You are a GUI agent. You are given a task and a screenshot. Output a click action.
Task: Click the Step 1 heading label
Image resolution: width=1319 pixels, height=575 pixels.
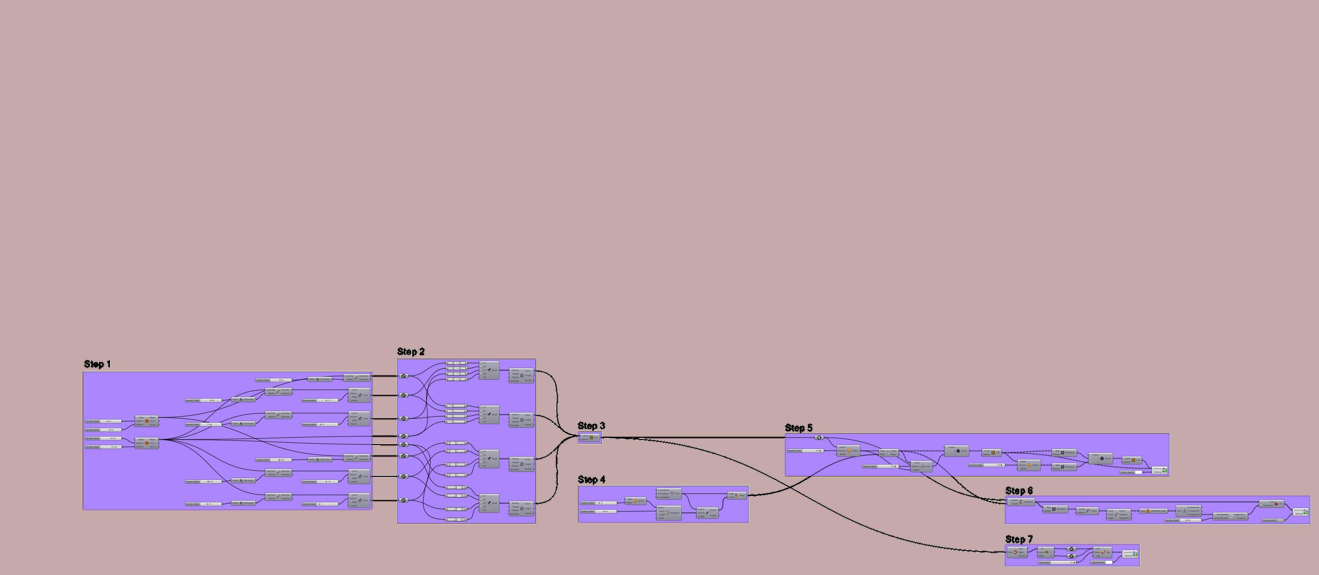[97, 364]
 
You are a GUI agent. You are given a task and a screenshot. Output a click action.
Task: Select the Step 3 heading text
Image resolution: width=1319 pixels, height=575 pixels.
[591, 426]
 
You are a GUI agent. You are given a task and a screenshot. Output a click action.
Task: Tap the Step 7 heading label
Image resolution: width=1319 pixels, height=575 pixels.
[1019, 539]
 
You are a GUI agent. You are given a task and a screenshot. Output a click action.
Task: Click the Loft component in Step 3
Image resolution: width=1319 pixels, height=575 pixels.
[590, 438]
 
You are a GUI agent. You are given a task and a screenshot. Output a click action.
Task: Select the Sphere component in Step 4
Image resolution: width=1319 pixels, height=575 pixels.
[635, 501]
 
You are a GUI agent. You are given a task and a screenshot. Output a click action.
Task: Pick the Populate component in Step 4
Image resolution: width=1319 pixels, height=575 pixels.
[669, 513]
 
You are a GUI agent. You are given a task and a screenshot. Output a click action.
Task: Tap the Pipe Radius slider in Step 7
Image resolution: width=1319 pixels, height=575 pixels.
[1057, 562]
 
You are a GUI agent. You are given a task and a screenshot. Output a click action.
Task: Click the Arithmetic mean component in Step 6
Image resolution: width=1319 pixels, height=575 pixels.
[1152, 511]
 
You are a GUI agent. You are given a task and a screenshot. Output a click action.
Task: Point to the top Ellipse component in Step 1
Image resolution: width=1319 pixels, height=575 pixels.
[146, 421]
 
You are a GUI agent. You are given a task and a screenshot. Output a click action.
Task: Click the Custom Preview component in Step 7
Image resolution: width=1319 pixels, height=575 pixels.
[1130, 553]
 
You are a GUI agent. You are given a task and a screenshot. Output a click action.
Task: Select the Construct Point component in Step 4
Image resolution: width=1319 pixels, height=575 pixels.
[669, 495]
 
